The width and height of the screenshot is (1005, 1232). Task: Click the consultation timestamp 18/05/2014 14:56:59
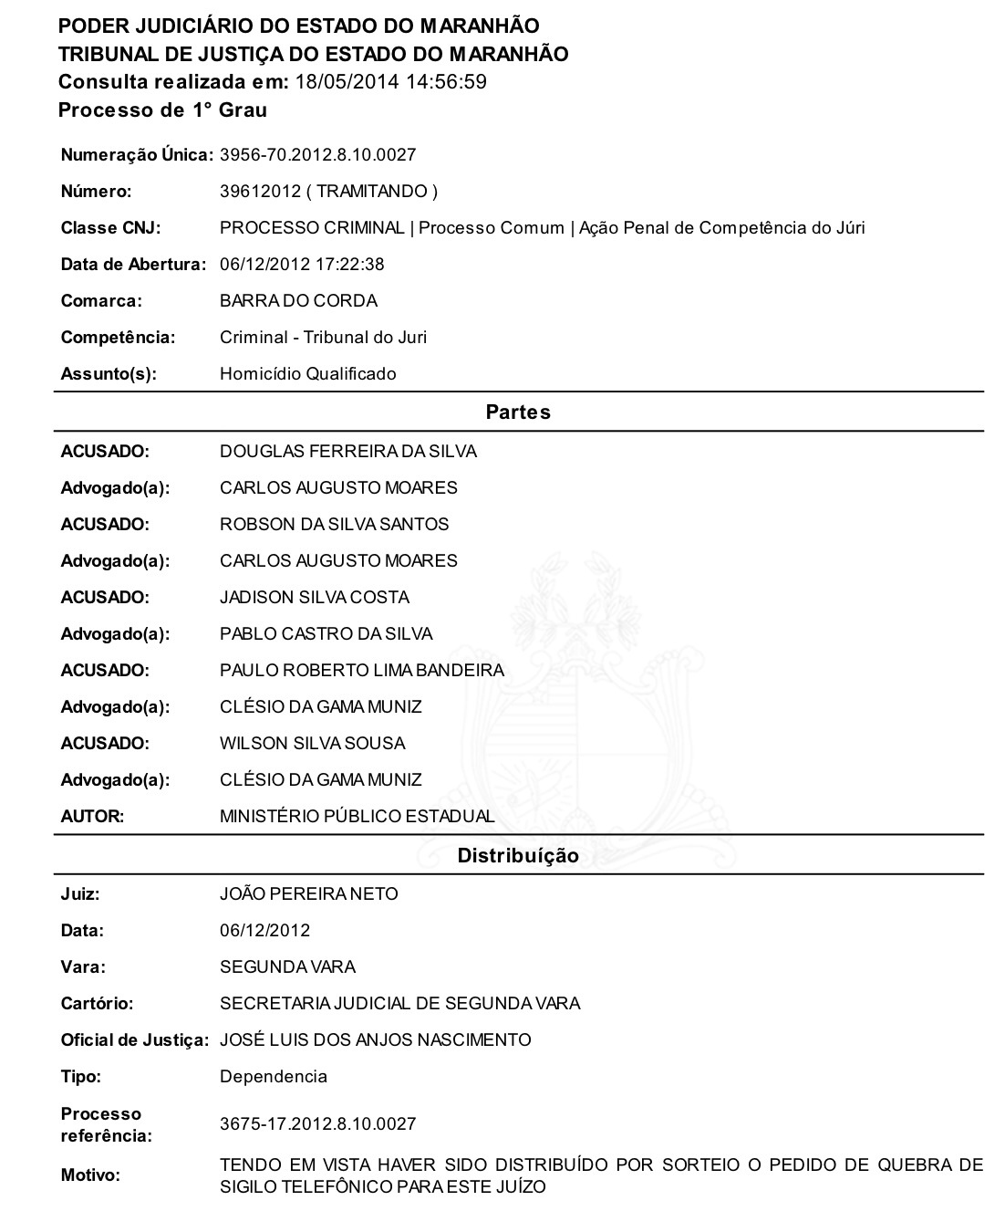[x=391, y=82]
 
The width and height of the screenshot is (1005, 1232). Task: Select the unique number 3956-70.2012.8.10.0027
[x=317, y=155]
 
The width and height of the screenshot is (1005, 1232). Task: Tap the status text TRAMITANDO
[x=372, y=192]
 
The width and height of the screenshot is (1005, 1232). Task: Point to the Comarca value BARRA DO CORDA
[x=298, y=301]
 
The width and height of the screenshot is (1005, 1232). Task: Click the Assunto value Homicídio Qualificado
[x=307, y=374]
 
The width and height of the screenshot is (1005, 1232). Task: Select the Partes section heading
[x=518, y=412]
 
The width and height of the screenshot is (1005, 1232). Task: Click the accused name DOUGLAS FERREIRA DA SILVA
[x=347, y=452]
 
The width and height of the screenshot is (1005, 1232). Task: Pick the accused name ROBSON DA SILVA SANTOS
[x=334, y=525]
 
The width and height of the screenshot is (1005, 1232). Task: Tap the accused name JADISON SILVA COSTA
[x=314, y=598]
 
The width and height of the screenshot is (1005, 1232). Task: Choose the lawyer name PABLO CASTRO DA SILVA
[x=326, y=634]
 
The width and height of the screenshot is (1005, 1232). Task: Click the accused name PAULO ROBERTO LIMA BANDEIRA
[x=361, y=671]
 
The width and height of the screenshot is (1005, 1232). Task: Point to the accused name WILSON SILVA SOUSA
[x=312, y=744]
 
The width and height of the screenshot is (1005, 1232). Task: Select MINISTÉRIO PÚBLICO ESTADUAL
[x=357, y=817]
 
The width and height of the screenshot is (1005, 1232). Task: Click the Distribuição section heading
[x=518, y=856]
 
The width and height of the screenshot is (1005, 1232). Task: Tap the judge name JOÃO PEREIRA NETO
[x=308, y=894]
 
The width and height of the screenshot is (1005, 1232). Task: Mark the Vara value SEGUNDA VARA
[x=287, y=967]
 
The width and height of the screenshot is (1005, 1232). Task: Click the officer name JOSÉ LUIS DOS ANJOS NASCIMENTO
[x=375, y=1040]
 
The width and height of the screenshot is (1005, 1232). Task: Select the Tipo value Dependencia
[x=273, y=1077]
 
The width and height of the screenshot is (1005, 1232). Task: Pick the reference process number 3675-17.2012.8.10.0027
[x=317, y=1124]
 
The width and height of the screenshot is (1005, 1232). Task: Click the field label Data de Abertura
[x=133, y=265]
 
